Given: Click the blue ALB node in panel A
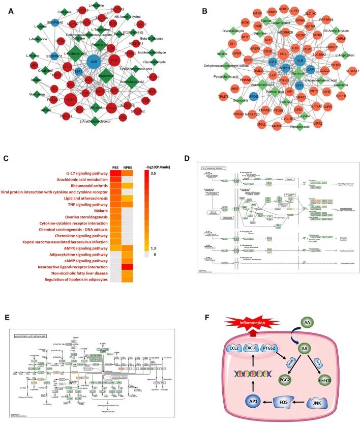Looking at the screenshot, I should [94, 62].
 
